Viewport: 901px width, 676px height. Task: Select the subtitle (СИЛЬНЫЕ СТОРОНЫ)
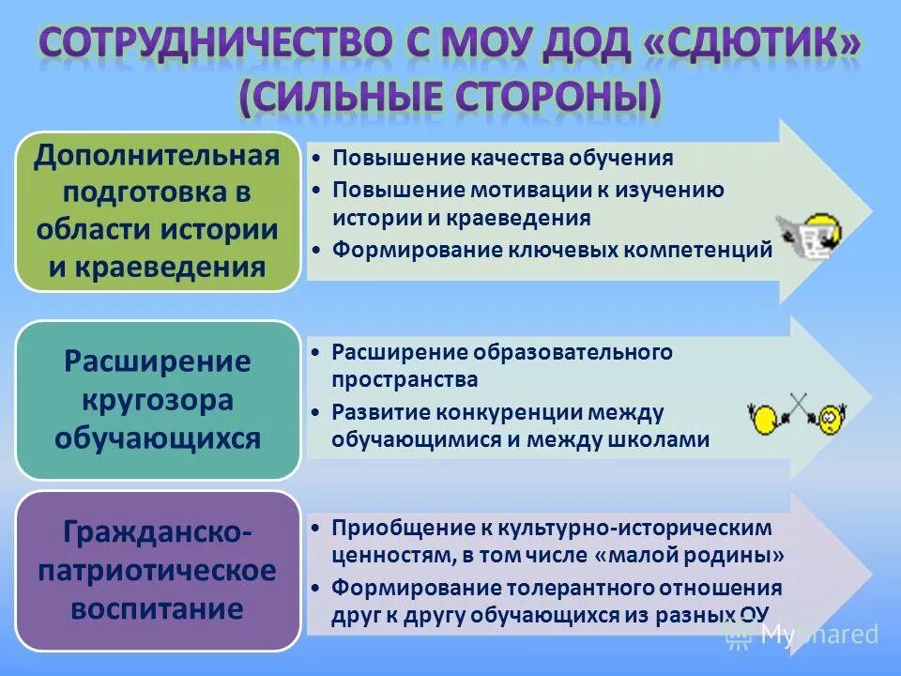(450, 98)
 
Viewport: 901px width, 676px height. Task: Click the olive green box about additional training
(157, 211)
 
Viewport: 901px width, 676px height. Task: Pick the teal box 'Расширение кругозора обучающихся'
(157, 400)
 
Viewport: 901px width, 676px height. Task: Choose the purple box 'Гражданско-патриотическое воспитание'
(157, 571)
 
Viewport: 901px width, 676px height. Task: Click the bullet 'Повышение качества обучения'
(502, 158)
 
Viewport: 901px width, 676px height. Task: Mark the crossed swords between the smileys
(797, 406)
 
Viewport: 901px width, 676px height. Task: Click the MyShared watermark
(803, 635)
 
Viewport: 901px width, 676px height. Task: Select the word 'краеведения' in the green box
(182, 267)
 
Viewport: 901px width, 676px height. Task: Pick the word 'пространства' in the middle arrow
(405, 379)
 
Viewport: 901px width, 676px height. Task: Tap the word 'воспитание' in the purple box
(157, 608)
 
